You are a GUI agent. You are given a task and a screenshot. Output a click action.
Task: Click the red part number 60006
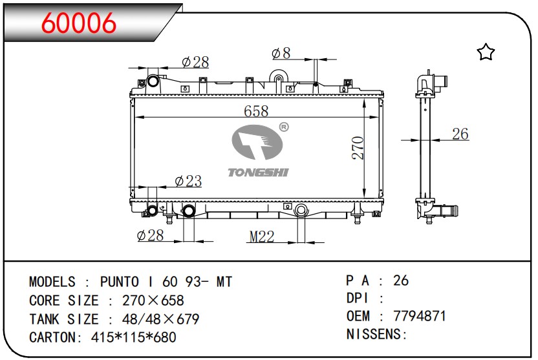[79, 23]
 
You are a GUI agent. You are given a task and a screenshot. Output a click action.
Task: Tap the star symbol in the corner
[486, 52]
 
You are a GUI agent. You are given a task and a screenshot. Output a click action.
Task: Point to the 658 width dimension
[256, 111]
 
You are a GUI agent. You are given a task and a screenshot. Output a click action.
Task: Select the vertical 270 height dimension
[358, 148]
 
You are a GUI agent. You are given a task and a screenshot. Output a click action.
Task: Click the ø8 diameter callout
[281, 53]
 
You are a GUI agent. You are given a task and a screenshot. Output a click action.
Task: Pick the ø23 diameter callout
[188, 181]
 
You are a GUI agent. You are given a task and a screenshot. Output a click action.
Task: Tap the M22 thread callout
[261, 237]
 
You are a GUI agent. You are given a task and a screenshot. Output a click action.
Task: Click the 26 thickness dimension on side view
[460, 134]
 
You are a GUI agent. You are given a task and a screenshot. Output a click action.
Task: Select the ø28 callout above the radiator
[195, 62]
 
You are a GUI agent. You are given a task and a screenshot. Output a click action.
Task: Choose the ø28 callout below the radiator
[150, 235]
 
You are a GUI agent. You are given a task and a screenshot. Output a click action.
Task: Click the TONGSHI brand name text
[259, 172]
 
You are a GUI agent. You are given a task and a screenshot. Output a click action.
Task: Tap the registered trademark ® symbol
[284, 127]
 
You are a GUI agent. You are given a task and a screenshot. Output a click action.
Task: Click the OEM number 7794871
[419, 316]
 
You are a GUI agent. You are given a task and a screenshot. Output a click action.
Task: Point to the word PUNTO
[120, 282]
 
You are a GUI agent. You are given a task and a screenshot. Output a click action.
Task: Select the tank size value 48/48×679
[160, 319]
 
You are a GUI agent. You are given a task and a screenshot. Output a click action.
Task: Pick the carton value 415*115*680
[133, 337]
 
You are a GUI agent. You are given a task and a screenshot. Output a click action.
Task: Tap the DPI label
[358, 298]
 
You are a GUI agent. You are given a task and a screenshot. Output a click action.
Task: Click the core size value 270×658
[153, 301]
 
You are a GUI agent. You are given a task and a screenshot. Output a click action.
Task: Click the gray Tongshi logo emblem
[257, 142]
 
